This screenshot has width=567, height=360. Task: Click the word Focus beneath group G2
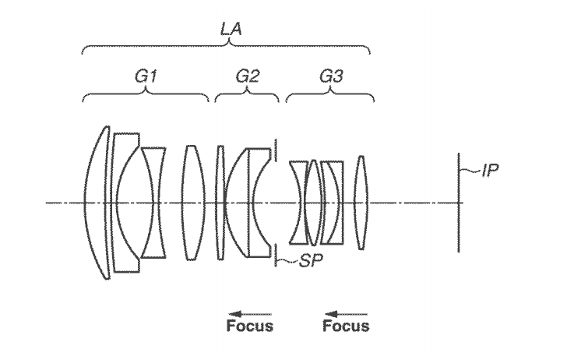pos(249,326)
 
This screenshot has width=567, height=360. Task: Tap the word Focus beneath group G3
pos(345,326)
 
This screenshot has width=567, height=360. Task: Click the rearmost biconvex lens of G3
pos(361,203)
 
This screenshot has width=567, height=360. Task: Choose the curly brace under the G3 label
pos(330,97)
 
